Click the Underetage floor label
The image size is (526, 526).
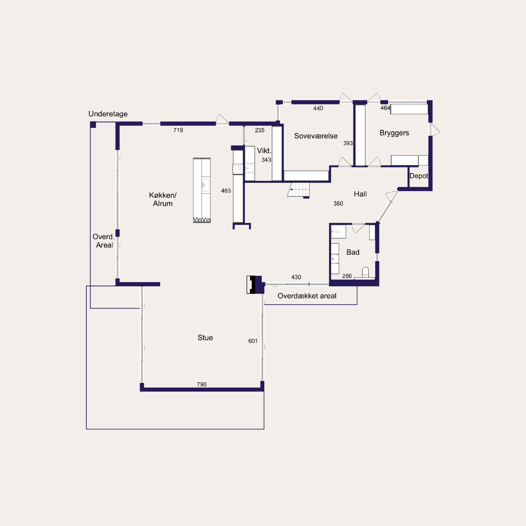tap(108, 114)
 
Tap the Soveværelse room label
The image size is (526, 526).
tap(316, 136)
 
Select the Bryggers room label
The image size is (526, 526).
tap(394, 133)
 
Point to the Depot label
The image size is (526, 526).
tap(419, 176)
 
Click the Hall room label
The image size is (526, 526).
tap(360, 194)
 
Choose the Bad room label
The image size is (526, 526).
tap(353, 252)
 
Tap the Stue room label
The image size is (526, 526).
tap(205, 338)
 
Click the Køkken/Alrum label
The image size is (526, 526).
tap(163, 199)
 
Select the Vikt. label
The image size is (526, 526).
tap(264, 151)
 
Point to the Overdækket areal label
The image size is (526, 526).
tap(307, 296)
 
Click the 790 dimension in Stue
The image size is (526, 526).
tap(202, 384)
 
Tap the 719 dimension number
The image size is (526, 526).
tap(178, 130)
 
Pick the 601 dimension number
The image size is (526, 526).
tap(253, 341)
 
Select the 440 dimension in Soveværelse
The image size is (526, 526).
tap(318, 108)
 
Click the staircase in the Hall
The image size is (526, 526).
tap(299, 189)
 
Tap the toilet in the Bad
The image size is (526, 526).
tap(365, 272)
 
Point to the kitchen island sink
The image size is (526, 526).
tap(206, 185)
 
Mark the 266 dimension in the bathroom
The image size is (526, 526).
tap(347, 276)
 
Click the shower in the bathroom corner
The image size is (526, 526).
tap(339, 232)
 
